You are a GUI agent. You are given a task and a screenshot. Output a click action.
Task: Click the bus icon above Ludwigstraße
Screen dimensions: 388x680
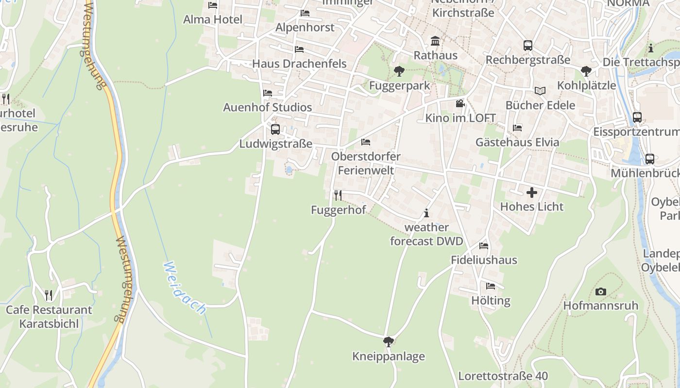(275, 129)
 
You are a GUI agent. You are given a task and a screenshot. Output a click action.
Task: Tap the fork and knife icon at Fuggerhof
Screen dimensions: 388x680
(338, 195)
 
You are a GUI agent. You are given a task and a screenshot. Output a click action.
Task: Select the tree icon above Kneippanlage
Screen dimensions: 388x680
(388, 342)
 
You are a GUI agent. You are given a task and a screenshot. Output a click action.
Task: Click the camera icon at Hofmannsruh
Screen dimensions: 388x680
(601, 291)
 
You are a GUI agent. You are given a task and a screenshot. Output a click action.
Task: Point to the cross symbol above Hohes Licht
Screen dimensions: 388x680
(532, 193)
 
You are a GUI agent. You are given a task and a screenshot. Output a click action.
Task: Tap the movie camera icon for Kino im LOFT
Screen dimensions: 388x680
(460, 104)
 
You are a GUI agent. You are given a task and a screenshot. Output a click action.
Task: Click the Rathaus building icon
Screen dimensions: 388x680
(435, 41)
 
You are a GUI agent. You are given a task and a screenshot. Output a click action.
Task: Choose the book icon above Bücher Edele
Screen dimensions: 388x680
(540, 91)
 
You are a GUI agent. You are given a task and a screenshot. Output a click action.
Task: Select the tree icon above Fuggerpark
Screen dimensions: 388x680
(399, 71)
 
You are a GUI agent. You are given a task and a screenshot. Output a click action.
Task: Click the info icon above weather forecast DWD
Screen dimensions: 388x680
(426, 213)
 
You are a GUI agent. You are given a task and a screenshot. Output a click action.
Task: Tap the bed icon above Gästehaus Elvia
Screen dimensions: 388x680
(517, 128)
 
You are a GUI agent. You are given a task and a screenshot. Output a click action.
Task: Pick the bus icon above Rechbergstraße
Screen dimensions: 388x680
(528, 46)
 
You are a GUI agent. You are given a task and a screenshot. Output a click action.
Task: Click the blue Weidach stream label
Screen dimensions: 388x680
(185, 289)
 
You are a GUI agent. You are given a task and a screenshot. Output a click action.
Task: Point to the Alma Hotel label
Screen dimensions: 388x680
(213, 19)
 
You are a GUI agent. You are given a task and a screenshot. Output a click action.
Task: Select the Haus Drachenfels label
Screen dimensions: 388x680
(299, 64)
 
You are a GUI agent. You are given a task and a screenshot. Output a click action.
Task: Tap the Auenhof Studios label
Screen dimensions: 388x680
(267, 107)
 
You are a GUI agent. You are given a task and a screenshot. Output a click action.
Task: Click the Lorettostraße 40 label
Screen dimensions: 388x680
(503, 376)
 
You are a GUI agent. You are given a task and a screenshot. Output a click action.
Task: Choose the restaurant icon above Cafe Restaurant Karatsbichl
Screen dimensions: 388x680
(49, 295)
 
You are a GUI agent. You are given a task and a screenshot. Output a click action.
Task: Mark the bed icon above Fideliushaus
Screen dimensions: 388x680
(483, 245)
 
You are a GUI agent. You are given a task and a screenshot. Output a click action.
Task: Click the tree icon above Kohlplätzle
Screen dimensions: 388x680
(586, 71)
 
